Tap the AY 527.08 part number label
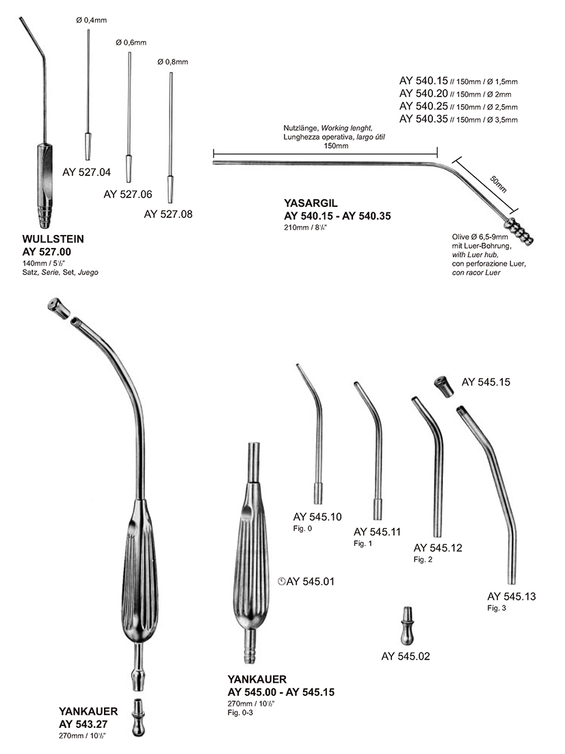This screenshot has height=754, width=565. coord(168,214)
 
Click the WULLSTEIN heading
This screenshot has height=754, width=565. coord(53,240)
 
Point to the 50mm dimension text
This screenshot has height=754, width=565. coord(499,184)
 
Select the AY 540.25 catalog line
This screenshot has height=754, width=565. coord(458,107)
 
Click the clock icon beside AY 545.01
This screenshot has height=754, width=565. coord(282,582)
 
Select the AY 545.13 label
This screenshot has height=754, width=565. coord(511,596)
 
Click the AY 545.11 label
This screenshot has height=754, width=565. coord(377,531)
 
